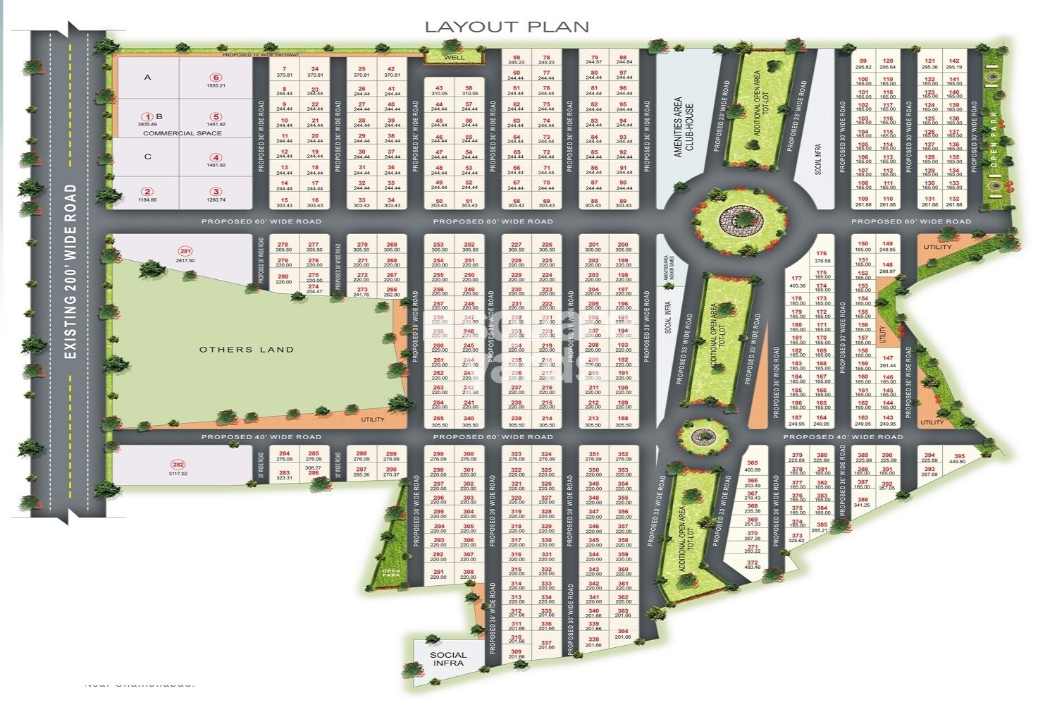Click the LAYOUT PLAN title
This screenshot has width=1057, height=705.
pos(507,27)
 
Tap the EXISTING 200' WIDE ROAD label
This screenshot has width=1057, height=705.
pos(70,272)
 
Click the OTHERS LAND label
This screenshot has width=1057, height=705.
pos(247,349)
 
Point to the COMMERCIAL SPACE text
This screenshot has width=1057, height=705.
pos(183,133)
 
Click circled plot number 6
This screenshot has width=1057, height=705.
pos(216,78)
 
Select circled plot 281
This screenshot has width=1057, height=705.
pos(185,252)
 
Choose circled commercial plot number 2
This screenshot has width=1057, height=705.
pos(147,191)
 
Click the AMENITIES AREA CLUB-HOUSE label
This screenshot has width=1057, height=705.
pos(684,127)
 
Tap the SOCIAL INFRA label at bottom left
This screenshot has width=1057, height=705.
pos(448,658)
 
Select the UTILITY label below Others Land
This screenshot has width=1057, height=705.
pos(373,419)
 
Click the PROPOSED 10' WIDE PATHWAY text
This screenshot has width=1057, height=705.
pos(261,55)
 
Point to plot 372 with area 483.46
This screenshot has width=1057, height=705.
pos(753,564)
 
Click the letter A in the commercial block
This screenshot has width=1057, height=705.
pos(147,77)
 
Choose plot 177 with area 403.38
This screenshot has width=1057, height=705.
pos(797,282)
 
